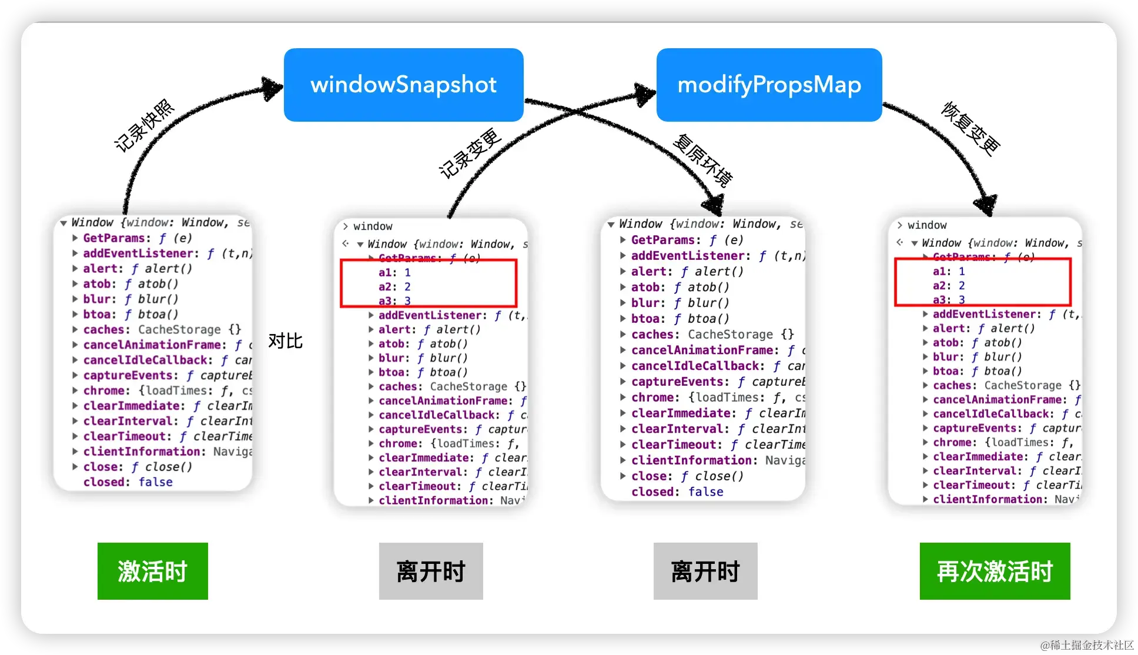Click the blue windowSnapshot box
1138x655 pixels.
(403, 85)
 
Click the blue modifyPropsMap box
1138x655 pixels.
(769, 85)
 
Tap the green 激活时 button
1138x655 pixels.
(153, 571)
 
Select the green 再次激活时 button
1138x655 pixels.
(995, 571)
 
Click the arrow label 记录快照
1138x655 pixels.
(145, 126)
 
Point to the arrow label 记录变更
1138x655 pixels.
(470, 153)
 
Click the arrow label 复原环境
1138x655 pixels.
(702, 160)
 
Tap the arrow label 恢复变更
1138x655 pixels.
(970, 128)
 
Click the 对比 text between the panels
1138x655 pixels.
(285, 341)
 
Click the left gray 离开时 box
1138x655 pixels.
(431, 571)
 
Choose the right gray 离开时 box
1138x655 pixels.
(705, 571)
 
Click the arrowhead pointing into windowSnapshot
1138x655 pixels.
(272, 88)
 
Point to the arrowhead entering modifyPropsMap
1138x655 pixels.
(645, 94)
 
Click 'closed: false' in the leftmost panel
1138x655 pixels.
(128, 482)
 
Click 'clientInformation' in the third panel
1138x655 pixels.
(691, 460)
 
